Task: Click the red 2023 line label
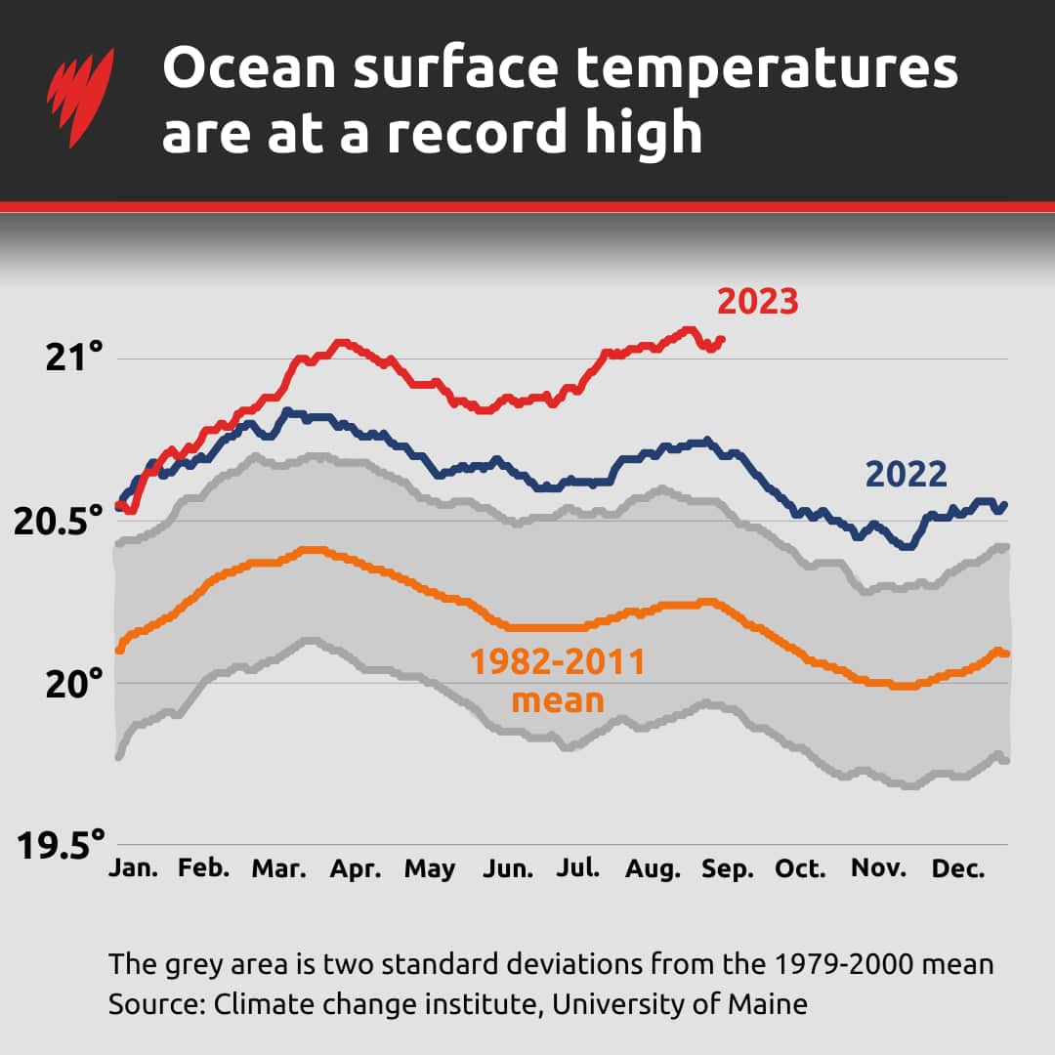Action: click(758, 302)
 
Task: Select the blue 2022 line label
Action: click(907, 475)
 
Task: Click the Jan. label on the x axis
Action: click(133, 868)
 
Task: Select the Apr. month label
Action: click(355, 868)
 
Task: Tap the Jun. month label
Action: click(508, 868)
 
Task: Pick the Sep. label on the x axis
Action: click(728, 868)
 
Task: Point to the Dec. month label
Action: click(958, 868)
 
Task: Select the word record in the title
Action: click(477, 135)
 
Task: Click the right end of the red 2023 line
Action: click(721, 339)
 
